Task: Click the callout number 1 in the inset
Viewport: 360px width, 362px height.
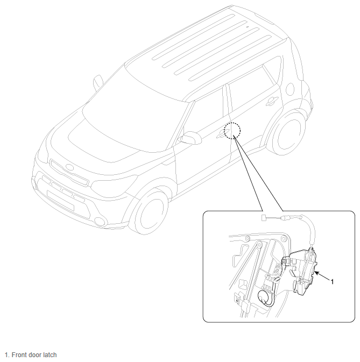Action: [333, 282]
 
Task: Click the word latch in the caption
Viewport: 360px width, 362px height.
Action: [49, 355]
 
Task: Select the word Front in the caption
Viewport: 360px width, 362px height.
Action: [18, 355]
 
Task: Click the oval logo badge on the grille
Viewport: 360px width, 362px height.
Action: [69, 167]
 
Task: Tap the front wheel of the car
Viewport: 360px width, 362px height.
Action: [149, 212]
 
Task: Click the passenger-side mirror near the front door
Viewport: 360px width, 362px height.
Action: [190, 138]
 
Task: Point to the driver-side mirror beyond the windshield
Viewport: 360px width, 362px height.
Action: [98, 82]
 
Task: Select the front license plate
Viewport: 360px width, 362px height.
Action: [60, 201]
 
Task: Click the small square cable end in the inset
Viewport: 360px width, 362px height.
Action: [264, 218]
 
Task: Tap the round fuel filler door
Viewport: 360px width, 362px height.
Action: [290, 89]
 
